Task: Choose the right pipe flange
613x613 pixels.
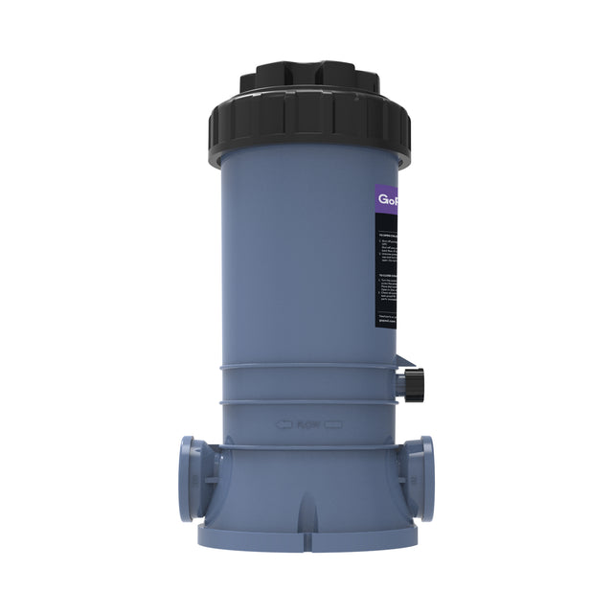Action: click(x=422, y=478)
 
